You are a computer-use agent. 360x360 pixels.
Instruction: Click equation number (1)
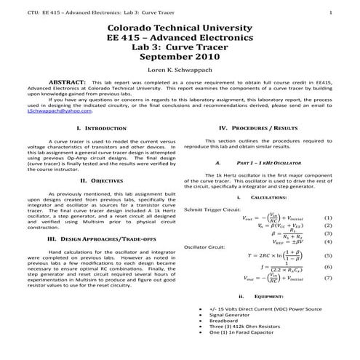click(327, 217)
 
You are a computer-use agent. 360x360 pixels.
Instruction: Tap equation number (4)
click(327, 242)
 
